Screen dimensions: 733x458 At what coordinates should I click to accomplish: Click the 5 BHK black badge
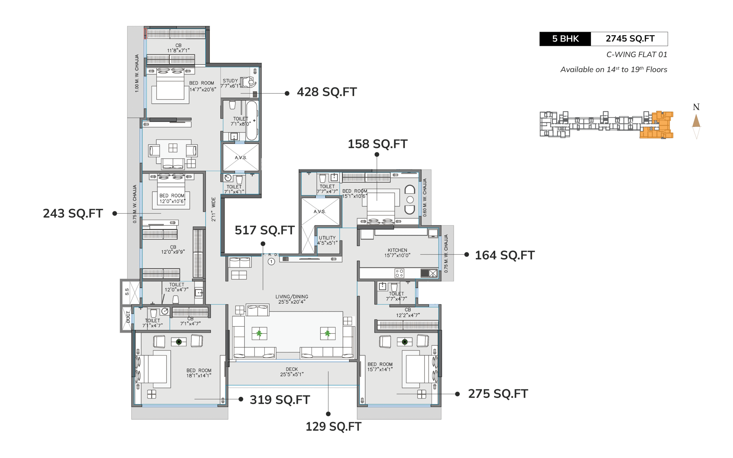click(565, 39)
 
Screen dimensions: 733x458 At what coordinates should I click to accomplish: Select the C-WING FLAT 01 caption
click(637, 54)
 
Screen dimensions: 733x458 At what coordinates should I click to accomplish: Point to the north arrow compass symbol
click(696, 123)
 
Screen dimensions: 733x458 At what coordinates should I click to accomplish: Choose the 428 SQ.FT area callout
click(327, 92)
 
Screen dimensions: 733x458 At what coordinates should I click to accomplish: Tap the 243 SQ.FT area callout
click(73, 214)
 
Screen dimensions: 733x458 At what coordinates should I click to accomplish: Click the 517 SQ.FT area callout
click(265, 230)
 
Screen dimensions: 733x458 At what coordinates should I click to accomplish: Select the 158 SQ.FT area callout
click(377, 144)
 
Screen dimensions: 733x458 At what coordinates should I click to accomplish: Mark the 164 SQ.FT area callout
click(505, 255)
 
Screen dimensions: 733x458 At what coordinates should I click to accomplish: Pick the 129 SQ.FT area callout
click(333, 427)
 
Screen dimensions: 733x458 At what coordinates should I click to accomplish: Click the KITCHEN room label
click(397, 250)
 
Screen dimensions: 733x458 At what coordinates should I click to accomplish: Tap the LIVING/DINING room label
click(292, 297)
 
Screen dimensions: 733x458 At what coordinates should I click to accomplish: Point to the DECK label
click(292, 369)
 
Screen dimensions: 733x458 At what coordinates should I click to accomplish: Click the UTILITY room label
click(327, 238)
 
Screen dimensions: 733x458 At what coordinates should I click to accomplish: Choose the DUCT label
click(128, 317)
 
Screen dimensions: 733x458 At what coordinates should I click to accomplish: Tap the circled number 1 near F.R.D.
click(271, 261)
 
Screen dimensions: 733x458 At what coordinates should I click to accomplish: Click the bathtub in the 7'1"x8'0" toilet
click(252, 121)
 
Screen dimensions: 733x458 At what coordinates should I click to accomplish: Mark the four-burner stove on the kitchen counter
click(399, 273)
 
